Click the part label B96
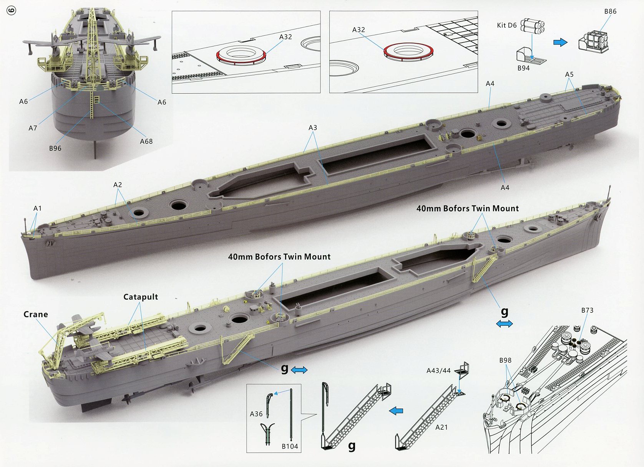click(x=55, y=148)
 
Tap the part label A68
click(x=146, y=141)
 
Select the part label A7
click(x=33, y=128)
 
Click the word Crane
click(x=36, y=314)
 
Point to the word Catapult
click(x=141, y=297)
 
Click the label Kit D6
click(x=506, y=25)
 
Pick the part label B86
click(x=610, y=12)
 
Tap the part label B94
click(x=523, y=68)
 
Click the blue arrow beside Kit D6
click(x=560, y=42)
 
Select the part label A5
click(x=569, y=74)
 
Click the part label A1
click(x=37, y=208)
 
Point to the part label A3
click(x=313, y=127)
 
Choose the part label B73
click(x=587, y=310)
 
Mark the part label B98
click(x=505, y=360)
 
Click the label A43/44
click(x=438, y=370)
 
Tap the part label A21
click(x=442, y=427)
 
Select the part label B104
click(x=290, y=446)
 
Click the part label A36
click(x=256, y=414)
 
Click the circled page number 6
click(x=12, y=10)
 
